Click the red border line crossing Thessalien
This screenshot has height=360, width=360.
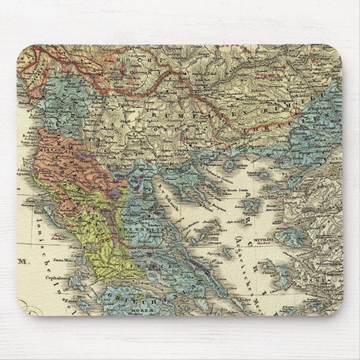point(132,244)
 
